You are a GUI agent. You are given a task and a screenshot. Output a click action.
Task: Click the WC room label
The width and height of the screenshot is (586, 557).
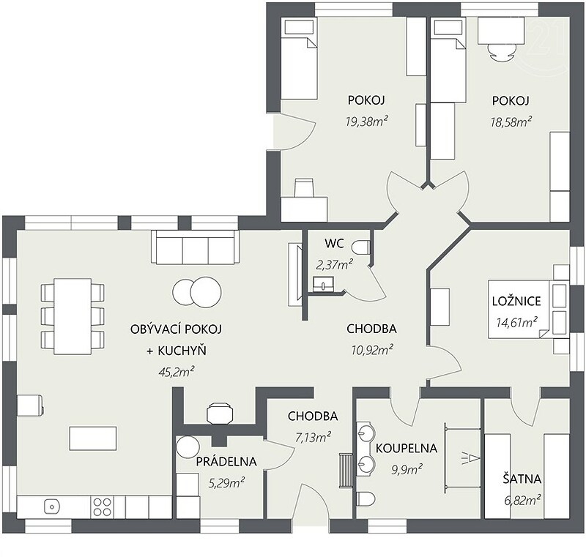point(334,244)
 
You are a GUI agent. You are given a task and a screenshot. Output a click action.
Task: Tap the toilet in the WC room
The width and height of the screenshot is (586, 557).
point(360,247)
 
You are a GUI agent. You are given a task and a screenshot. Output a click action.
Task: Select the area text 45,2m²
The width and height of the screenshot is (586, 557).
point(177,372)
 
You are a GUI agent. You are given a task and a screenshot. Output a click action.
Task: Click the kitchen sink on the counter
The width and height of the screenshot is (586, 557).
point(52,506)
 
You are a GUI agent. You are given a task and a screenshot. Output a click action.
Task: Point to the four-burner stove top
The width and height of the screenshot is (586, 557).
point(102,506)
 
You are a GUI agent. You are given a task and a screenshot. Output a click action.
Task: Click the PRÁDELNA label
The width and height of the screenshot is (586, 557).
point(226,461)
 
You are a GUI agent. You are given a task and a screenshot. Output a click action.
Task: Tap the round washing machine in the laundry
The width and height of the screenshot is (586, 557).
point(188,446)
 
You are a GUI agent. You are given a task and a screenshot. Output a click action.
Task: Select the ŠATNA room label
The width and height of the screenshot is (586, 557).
point(522,479)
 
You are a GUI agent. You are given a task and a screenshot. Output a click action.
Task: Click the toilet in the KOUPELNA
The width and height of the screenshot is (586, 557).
point(366,498)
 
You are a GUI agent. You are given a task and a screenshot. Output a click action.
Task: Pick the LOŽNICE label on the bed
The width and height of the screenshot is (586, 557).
point(516,301)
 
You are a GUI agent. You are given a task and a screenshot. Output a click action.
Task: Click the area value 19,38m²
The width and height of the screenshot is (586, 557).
point(366,122)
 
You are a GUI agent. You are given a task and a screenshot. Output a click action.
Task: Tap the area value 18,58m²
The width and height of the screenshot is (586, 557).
point(511,122)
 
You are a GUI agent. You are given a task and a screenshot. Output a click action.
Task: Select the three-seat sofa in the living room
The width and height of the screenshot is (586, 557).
point(195,247)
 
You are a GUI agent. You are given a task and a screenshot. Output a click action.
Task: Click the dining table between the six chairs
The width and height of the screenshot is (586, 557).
point(73,316)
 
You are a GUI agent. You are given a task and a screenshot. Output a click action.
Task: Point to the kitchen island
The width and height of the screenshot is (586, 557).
point(93,438)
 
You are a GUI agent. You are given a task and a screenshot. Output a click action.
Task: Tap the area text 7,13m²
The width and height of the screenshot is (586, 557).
point(313,437)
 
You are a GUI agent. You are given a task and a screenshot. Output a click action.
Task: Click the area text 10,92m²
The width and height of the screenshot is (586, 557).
point(372,350)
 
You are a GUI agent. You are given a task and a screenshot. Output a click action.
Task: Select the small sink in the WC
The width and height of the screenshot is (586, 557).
point(322,284)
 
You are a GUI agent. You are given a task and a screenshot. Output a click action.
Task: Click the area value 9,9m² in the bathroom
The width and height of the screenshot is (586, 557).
point(407,469)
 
